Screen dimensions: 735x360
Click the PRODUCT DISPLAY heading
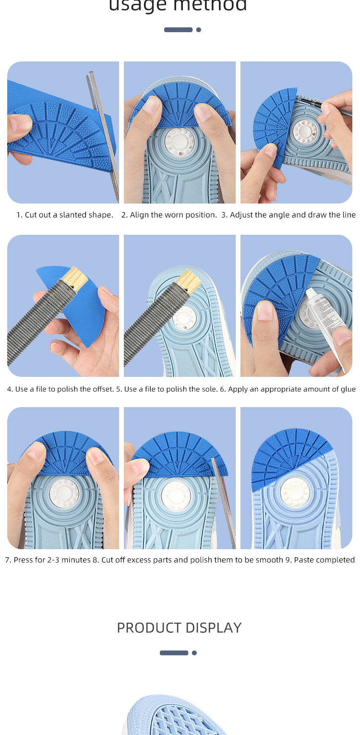click(x=179, y=627)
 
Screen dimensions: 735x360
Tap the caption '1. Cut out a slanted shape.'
click(x=65, y=215)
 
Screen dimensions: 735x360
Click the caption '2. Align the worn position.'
click(x=169, y=215)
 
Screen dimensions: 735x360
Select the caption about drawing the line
click(x=288, y=215)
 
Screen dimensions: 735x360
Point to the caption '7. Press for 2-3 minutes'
click(x=48, y=560)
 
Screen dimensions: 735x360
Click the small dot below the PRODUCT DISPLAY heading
click(x=194, y=653)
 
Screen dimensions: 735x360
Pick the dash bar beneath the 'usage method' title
click(x=178, y=30)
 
